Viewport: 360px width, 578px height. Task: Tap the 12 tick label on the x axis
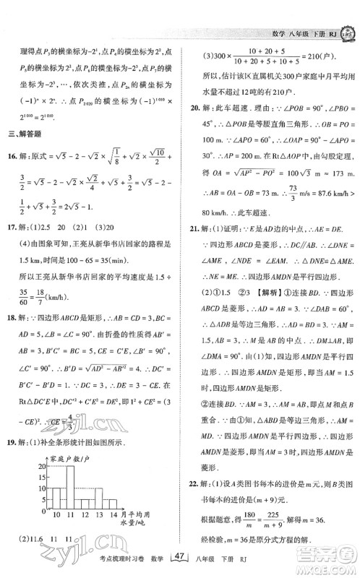(85, 536)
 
